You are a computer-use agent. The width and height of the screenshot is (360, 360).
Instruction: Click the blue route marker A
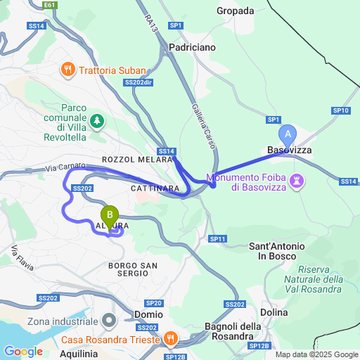pos(287,134)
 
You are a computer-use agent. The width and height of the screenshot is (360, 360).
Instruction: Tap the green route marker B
pos(110,215)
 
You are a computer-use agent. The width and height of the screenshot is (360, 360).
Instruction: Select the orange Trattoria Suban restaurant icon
pos(68,70)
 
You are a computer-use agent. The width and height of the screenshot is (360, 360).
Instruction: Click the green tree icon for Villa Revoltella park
pos(96,121)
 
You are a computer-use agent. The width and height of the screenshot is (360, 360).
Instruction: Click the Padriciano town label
pos(193,46)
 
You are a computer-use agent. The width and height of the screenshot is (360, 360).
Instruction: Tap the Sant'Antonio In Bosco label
pos(278,251)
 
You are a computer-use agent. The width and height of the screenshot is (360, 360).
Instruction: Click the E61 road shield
pos(49,5)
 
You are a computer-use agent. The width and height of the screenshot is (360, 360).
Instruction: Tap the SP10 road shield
pos(341,111)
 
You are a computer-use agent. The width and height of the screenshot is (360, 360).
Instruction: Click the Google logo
pos(22,351)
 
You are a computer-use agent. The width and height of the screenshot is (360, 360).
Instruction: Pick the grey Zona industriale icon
pos(109,321)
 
